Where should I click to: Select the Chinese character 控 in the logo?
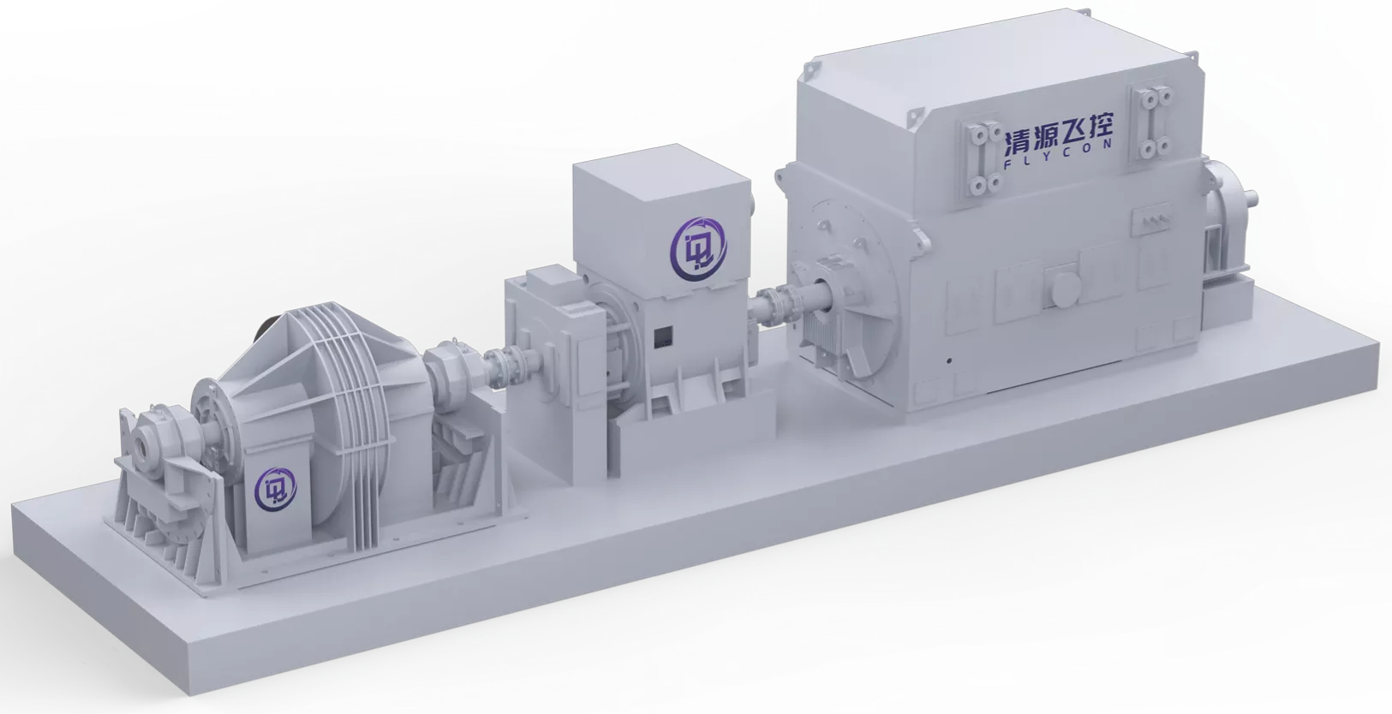pyautogui.click(x=1097, y=129)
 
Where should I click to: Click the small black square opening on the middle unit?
pyautogui.click(x=663, y=336)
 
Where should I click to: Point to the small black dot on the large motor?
pyautogui.click(x=949, y=360)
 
